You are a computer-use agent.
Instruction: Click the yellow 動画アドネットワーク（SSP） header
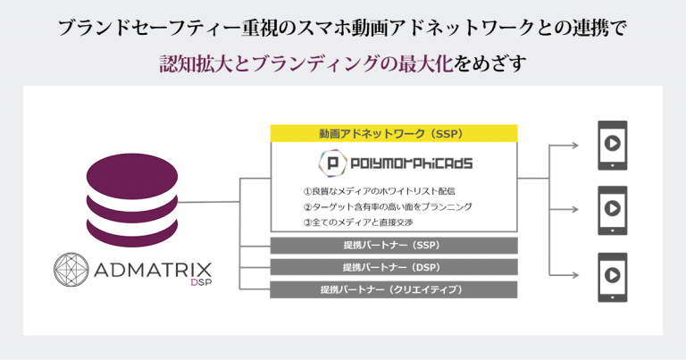[x=394, y=133]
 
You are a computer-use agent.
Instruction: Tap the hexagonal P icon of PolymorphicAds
[x=333, y=163]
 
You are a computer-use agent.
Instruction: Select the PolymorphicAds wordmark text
[x=411, y=163]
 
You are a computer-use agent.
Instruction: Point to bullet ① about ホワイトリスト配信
[x=379, y=191]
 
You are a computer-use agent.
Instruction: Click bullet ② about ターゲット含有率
[x=388, y=206]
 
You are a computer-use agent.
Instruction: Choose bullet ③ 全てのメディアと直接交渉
[x=358, y=222]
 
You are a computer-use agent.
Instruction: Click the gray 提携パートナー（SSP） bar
[x=394, y=246]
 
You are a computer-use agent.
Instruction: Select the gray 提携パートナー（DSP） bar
[x=394, y=267]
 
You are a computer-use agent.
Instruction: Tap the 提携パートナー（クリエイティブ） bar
[x=394, y=289]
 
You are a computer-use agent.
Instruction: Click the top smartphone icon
[x=613, y=146]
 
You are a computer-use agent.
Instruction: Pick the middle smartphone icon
[x=613, y=211]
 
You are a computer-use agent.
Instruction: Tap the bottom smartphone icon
[x=613, y=277]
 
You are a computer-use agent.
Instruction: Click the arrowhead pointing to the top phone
[x=575, y=146]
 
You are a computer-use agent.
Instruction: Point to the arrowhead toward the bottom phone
[x=575, y=275]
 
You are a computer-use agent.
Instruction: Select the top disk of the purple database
[x=132, y=175]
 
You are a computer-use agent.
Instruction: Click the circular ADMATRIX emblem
[x=71, y=270]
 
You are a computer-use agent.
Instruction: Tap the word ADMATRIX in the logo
[x=153, y=270]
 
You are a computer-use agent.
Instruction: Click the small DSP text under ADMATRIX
[x=201, y=282]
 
